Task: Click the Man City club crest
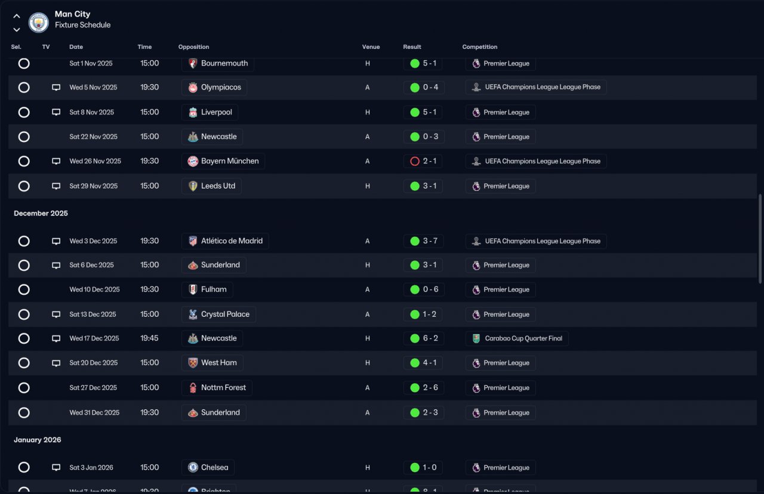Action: click(39, 23)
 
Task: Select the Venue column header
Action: click(371, 47)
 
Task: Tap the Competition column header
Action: click(479, 47)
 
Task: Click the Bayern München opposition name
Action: click(230, 161)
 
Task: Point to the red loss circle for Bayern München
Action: click(415, 161)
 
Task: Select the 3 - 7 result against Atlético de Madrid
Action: click(430, 241)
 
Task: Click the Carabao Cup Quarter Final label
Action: click(523, 338)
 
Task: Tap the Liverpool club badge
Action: click(193, 113)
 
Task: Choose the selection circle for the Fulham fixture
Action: click(24, 290)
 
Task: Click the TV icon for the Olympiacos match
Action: click(56, 88)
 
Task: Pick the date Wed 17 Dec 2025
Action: click(94, 338)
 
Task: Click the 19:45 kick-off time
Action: click(149, 338)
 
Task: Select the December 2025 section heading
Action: click(41, 214)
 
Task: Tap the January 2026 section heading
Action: click(38, 440)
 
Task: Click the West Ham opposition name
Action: click(219, 363)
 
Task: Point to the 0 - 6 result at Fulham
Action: click(430, 289)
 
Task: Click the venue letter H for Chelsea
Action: click(367, 468)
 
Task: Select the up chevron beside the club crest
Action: click(16, 16)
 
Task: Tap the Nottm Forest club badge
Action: click(193, 388)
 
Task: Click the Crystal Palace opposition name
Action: click(225, 314)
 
